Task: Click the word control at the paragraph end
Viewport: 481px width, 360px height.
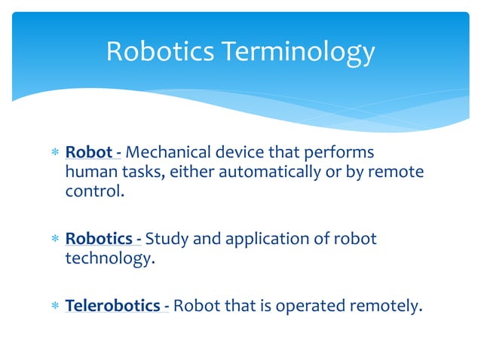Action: tap(90, 191)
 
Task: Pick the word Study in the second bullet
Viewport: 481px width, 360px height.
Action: tap(165, 239)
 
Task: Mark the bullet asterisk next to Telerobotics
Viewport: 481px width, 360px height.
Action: tap(54, 307)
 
